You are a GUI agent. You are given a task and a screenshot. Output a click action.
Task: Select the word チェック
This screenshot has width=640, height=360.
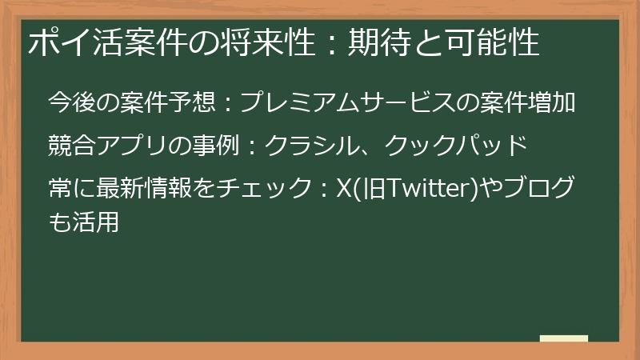[x=272, y=190]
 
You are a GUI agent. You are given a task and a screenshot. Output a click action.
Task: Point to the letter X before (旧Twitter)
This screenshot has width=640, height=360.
[x=345, y=190]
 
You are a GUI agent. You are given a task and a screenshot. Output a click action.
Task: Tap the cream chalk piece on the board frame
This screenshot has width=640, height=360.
[x=563, y=338]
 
